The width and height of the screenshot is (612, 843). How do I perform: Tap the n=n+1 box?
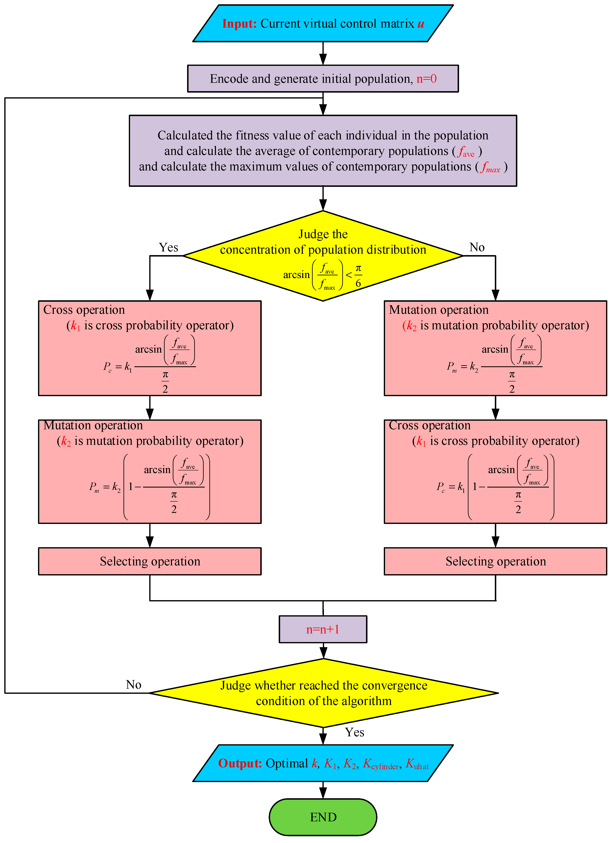pyautogui.click(x=323, y=629)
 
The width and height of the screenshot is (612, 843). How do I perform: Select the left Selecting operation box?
pyautogui.click(x=150, y=561)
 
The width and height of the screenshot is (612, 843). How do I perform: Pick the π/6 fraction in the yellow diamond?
pyautogui.click(x=358, y=275)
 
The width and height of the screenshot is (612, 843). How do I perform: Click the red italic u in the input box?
pyautogui.click(x=421, y=24)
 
